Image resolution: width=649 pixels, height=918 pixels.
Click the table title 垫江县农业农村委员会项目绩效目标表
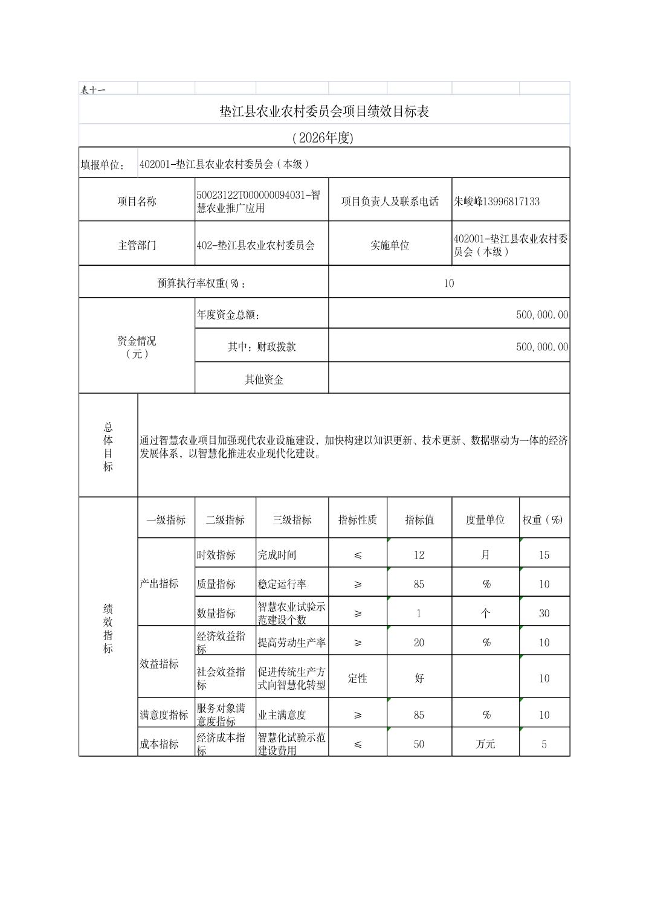click(x=324, y=112)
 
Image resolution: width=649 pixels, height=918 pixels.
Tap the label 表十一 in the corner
click(x=93, y=90)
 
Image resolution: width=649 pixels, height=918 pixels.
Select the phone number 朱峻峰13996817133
click(x=497, y=201)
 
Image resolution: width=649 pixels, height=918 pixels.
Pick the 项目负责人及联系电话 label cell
click(x=390, y=201)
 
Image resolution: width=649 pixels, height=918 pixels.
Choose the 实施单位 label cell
click(x=390, y=245)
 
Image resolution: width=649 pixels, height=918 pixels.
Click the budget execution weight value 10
click(x=448, y=283)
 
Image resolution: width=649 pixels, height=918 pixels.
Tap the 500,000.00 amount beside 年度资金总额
click(x=542, y=315)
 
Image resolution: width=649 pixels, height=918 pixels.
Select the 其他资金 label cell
click(x=264, y=379)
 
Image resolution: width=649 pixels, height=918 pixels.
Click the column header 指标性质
click(x=357, y=519)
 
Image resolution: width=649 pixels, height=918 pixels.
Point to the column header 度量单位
click(x=485, y=519)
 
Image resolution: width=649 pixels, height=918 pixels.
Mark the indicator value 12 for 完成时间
click(x=419, y=554)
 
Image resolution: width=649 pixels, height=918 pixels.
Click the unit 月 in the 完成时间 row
click(x=485, y=554)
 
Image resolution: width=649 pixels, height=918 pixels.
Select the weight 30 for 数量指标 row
click(x=544, y=613)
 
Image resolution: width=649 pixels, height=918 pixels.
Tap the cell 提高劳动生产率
click(x=292, y=642)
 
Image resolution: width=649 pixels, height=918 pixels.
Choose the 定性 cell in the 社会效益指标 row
click(x=357, y=678)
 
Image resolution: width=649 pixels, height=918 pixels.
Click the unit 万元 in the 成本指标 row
click(x=485, y=744)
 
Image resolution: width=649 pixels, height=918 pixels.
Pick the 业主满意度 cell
click(x=282, y=714)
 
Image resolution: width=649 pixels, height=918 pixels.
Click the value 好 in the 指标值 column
click(x=419, y=678)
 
